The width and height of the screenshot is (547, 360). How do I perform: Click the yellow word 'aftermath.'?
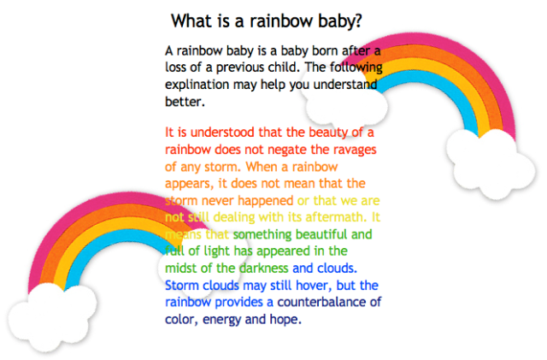339,216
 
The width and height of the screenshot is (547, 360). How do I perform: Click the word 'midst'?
181,269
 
